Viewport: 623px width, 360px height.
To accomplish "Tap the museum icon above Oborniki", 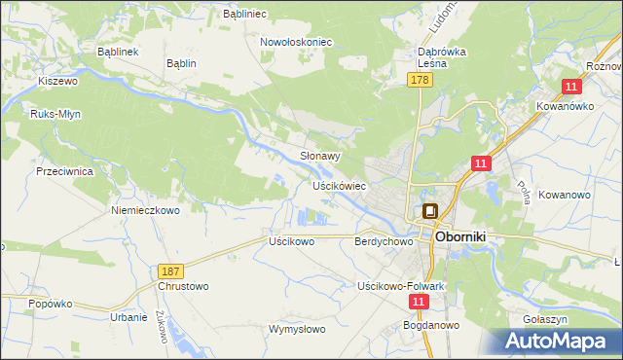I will point(429,209).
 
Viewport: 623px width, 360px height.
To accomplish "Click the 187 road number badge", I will point(169,269).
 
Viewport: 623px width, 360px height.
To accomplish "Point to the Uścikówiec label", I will point(339,185).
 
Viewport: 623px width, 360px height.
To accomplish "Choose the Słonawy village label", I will point(318,156).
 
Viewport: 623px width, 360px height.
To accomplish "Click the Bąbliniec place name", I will point(246,15).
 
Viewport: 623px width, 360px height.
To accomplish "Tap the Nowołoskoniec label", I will point(297,43).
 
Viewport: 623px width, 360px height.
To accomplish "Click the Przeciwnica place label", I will point(63,170).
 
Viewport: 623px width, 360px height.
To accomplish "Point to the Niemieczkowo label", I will point(146,210).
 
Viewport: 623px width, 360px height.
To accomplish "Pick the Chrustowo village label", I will point(182,287).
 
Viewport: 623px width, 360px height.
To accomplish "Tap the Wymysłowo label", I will point(297,329).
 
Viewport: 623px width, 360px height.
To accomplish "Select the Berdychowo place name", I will point(379,240).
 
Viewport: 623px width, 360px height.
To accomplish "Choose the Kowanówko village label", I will point(565,107).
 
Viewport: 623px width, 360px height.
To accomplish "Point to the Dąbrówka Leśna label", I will point(443,56).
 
